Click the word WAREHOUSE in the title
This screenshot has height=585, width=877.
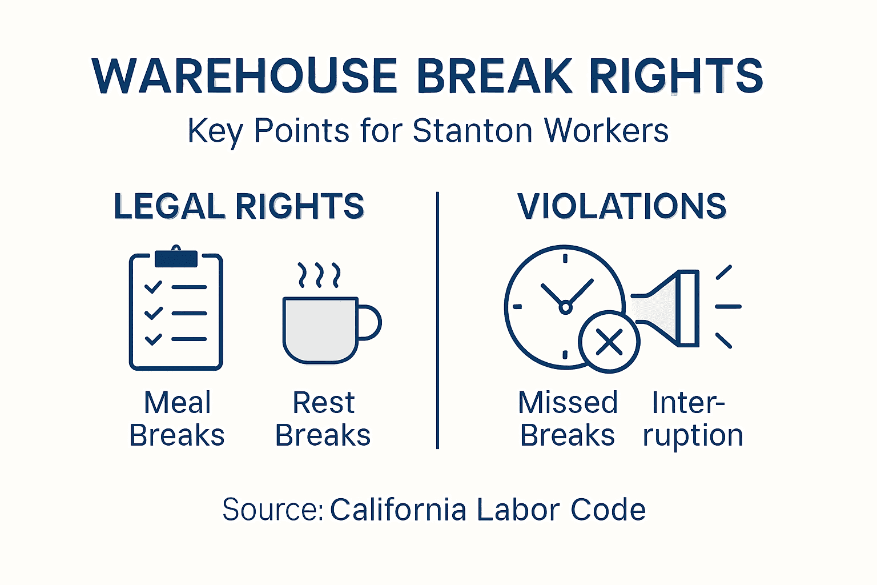pyautogui.click(x=244, y=76)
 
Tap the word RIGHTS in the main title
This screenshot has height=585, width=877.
pyautogui.click(x=676, y=76)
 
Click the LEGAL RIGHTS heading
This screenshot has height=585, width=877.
pyautogui.click(x=239, y=206)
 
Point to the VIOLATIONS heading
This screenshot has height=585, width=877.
pyautogui.click(x=622, y=206)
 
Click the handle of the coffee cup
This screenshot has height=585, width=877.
pyautogui.click(x=369, y=323)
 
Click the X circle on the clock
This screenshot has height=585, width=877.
pyautogui.click(x=609, y=342)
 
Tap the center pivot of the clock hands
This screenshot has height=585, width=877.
pyautogui.click(x=565, y=307)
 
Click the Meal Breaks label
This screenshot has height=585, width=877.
pyautogui.click(x=177, y=419)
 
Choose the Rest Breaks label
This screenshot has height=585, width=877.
pyautogui.click(x=323, y=419)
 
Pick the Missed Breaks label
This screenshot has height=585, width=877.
pyautogui.click(x=568, y=419)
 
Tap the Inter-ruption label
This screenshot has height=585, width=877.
pyautogui.click(x=692, y=419)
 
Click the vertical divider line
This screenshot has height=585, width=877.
pyautogui.click(x=437, y=320)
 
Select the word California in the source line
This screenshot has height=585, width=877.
pyautogui.click(x=398, y=510)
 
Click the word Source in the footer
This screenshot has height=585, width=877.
pyautogui.click(x=271, y=510)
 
